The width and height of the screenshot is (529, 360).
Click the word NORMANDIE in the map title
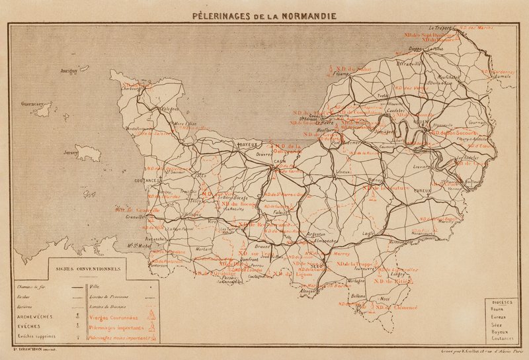(310, 15)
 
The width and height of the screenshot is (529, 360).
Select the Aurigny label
(69, 69)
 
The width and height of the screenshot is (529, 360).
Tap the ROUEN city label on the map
(402, 121)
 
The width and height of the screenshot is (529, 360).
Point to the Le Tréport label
(439, 28)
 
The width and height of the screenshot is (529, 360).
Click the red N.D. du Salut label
(354, 68)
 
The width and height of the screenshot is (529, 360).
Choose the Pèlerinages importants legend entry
(116, 327)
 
